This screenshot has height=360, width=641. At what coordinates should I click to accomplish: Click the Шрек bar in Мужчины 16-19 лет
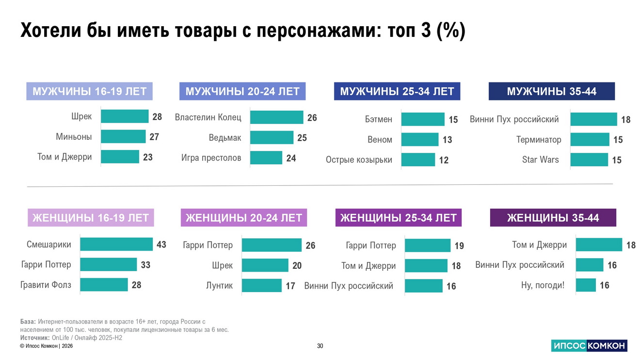coord(125,116)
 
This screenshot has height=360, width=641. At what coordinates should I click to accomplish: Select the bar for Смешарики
coord(116,244)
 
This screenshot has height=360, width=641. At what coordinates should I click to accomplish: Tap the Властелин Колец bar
coord(276,117)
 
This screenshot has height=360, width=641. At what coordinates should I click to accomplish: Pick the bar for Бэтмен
coord(423,119)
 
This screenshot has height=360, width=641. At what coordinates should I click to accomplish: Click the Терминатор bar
coord(590,140)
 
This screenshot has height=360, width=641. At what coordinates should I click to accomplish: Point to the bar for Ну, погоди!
coord(586,285)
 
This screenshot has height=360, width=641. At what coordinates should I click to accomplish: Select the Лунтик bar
coord(261,286)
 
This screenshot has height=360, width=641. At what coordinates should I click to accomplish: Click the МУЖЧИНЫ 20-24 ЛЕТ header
coord(242,91)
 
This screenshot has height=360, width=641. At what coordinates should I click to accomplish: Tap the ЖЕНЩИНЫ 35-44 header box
coord(553,218)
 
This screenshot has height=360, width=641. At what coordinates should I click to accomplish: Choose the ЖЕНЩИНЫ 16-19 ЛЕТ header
coord(90,218)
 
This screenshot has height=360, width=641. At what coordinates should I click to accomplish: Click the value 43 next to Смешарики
coord(161,245)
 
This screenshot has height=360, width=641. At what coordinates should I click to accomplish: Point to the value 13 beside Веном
coord(447,140)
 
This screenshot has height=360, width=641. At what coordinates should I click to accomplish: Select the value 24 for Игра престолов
coord(291,158)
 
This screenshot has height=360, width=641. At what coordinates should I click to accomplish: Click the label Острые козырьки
coord(359,160)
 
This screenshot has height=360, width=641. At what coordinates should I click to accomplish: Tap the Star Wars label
coord(540,160)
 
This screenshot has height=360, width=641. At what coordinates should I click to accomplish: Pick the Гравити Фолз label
coord(46,285)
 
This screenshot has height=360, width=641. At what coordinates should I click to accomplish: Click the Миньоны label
coord(74,137)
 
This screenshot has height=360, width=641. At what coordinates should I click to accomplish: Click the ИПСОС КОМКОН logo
coord(589,346)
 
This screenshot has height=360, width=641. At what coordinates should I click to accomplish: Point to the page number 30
coord(320,346)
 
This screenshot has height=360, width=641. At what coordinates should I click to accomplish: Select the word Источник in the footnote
coord(34,338)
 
